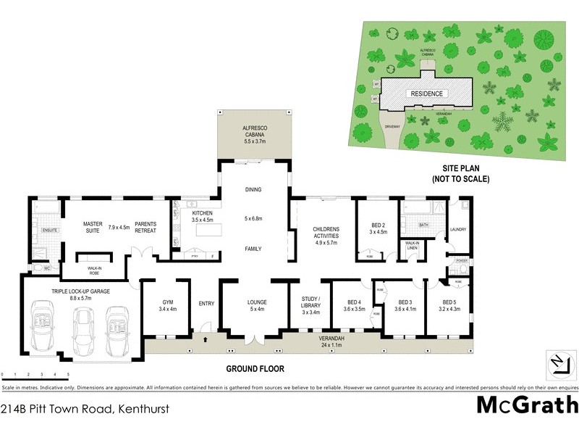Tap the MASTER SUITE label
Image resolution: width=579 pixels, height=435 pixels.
[92, 228]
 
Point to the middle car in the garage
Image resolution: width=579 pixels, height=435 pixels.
[82, 330]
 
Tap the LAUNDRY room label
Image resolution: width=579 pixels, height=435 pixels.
[458, 230]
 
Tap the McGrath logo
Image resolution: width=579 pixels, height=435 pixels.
[526, 406]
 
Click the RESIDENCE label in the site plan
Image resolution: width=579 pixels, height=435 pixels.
[426, 94]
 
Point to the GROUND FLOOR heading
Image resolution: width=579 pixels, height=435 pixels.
[255, 369]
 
